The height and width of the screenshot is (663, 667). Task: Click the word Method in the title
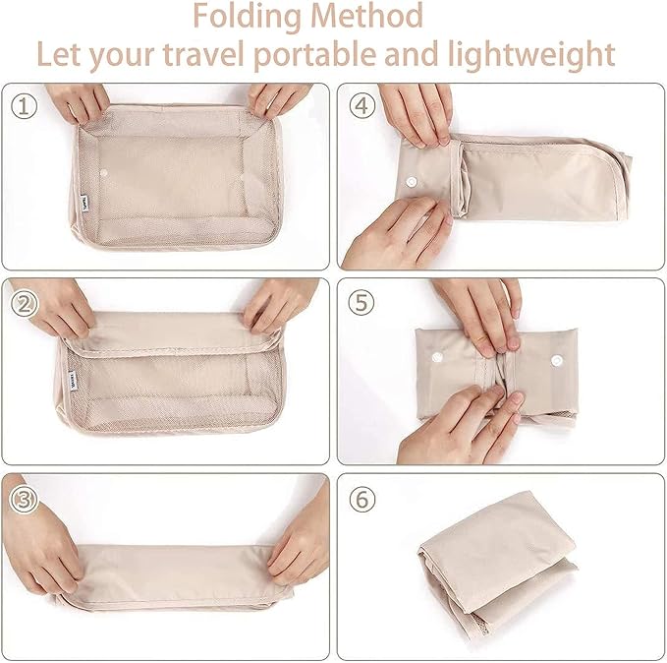click(x=367, y=16)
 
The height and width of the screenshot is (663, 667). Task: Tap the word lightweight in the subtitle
click(x=531, y=56)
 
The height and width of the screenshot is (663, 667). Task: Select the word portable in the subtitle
click(x=315, y=56)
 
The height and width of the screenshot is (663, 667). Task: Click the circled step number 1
click(x=24, y=106)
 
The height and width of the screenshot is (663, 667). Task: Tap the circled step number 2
click(x=24, y=304)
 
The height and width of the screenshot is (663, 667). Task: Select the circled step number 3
click(x=24, y=500)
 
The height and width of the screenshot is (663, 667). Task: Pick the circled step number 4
click(x=362, y=106)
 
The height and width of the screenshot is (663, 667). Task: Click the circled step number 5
click(x=361, y=303)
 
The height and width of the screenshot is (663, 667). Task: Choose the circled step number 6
click(x=362, y=500)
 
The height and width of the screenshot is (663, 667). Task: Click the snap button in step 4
click(x=412, y=182)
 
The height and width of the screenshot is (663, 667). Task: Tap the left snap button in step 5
click(x=437, y=357)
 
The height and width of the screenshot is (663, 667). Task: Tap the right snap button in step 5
click(x=557, y=361)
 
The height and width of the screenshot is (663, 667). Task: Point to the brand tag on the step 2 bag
click(x=73, y=379)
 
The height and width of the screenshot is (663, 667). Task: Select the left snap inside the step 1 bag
click(x=103, y=172)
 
